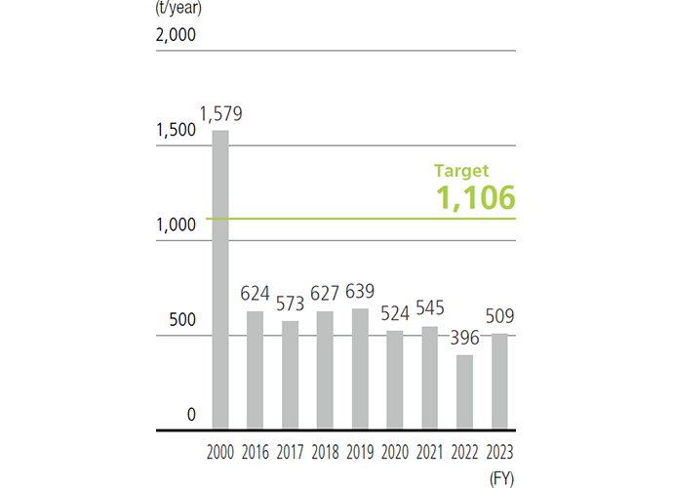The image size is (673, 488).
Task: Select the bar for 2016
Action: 255,371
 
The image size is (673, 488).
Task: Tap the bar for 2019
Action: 360,369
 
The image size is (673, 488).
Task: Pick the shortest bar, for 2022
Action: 464,392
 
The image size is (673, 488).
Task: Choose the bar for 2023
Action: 498,382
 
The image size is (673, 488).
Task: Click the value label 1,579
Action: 220,114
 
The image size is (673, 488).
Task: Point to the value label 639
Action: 360,292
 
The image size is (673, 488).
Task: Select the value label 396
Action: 464,339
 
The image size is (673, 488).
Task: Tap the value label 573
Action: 290,304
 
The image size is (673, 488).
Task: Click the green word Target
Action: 461,170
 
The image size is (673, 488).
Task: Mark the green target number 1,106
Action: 475,198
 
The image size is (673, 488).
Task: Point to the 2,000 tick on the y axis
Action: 177,37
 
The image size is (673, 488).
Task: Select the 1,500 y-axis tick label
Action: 177,131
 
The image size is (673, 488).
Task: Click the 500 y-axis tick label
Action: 182,321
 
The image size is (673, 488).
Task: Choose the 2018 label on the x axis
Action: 325,452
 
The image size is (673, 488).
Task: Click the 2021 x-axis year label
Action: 429,452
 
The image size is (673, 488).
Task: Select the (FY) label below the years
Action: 499,476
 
